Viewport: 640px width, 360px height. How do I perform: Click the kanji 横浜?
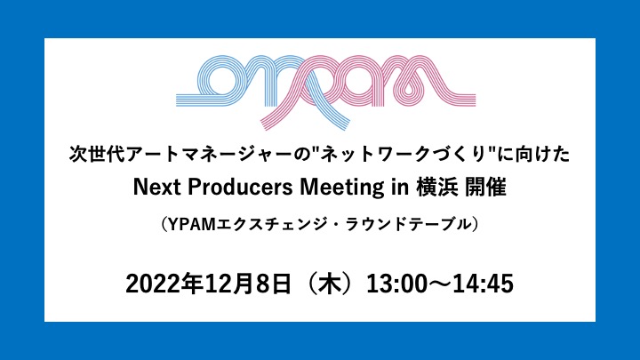click(436, 188)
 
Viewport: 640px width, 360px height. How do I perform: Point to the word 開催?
click(485, 188)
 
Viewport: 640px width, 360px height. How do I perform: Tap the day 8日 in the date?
click(274, 284)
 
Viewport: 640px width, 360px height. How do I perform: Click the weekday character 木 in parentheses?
click(330, 284)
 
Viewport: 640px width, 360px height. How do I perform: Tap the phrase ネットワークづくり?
click(405, 155)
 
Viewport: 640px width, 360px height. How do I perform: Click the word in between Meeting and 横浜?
click(400, 188)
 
